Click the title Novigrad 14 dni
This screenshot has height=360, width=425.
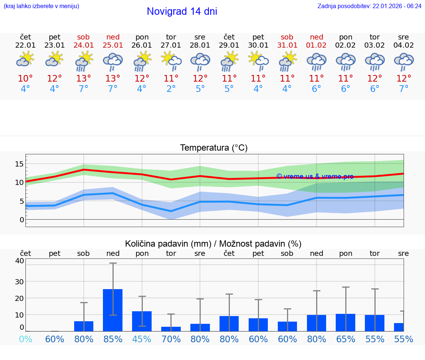click(x=182, y=11)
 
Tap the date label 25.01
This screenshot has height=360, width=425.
click(x=113, y=45)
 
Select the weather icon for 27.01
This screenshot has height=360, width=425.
click(x=171, y=61)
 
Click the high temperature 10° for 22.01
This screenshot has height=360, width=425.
click(x=25, y=79)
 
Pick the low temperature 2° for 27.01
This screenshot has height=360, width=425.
click(x=171, y=89)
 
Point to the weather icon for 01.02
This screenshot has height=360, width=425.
click(x=316, y=61)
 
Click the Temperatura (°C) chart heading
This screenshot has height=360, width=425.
click(x=214, y=148)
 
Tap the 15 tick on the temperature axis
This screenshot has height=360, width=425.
click(x=20, y=164)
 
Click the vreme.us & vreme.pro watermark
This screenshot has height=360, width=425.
click(x=315, y=176)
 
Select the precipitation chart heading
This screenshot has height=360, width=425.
click(x=213, y=244)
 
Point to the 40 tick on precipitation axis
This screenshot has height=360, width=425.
click(x=20, y=261)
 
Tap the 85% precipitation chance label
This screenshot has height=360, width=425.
click(x=113, y=339)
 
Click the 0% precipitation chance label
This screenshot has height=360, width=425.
click(x=25, y=339)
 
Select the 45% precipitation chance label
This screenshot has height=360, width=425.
click(x=142, y=339)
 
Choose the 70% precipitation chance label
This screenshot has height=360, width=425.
click(x=171, y=339)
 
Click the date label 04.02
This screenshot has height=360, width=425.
click(x=404, y=45)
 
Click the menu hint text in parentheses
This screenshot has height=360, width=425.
click(x=41, y=6)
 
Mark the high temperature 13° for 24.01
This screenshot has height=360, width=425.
click(x=84, y=79)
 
